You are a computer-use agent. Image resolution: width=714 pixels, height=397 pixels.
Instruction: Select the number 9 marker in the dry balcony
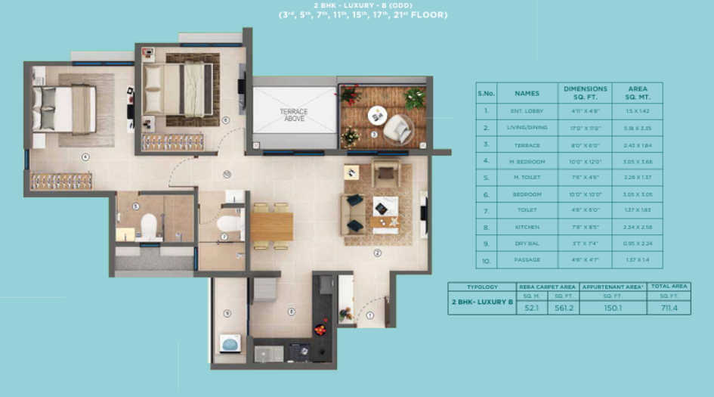click(227, 313)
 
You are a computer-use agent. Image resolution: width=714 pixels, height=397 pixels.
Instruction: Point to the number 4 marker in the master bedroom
click(85, 157)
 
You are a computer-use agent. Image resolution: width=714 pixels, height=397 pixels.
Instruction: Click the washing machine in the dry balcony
click(230, 343)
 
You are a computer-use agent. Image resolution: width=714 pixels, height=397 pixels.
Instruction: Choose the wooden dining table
click(271, 226)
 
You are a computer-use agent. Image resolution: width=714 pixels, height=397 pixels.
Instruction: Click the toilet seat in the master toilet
click(149, 225)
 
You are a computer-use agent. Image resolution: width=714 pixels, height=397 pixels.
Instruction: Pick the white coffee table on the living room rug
click(384, 206)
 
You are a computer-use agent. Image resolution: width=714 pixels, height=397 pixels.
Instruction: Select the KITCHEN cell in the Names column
click(527, 227)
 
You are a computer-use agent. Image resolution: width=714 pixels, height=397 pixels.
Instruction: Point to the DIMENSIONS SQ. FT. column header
click(585, 93)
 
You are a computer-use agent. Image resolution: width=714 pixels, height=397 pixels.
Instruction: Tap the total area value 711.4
click(668, 307)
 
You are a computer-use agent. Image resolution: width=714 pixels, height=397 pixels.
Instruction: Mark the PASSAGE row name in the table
click(527, 260)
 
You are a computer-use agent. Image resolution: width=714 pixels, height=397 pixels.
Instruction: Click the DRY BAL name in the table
click(527, 243)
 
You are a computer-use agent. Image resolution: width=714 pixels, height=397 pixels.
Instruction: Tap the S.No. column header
click(486, 93)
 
